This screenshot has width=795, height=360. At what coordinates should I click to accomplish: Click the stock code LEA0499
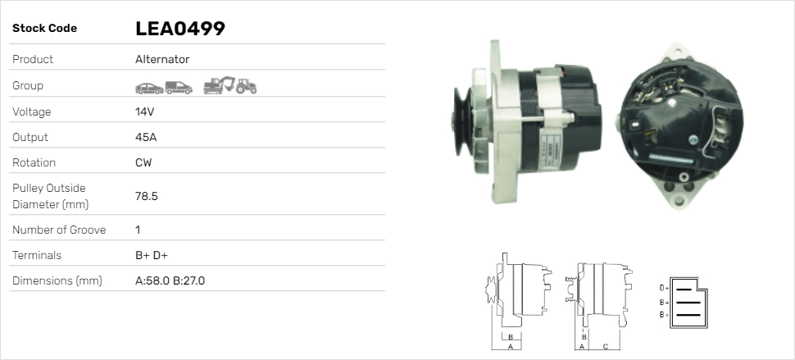pyautogui.click(x=180, y=29)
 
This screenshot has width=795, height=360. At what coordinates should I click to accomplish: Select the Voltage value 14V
pyautogui.click(x=144, y=112)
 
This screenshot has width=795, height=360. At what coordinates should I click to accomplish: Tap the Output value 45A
pyautogui.click(x=146, y=138)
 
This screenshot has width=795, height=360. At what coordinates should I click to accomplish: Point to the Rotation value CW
pyautogui.click(x=143, y=162)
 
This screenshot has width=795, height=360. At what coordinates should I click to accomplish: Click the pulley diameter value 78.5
pyautogui.click(x=147, y=196)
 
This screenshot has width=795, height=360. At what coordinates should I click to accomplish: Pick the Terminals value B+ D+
pyautogui.click(x=152, y=255)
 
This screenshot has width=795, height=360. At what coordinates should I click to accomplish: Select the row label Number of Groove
pyautogui.click(x=59, y=230)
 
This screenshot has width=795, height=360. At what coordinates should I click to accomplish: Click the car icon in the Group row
pyautogui.click(x=149, y=89)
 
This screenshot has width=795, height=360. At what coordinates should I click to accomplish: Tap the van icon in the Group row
pyautogui.click(x=179, y=88)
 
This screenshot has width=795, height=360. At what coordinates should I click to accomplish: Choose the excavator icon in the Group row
pyautogui.click(x=219, y=85)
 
